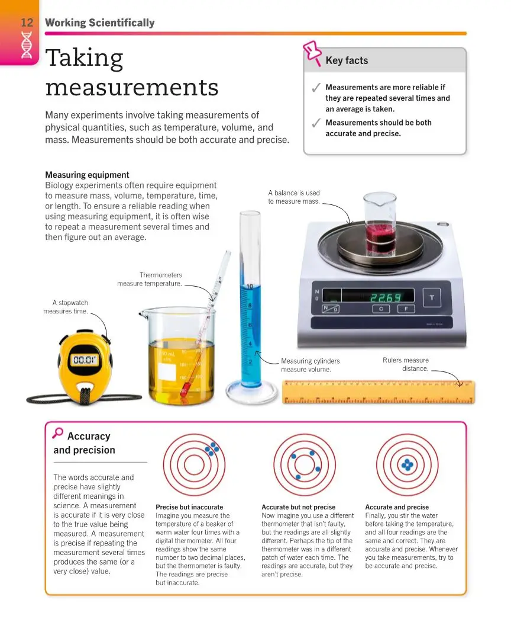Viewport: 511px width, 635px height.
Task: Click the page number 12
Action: [x=27, y=23]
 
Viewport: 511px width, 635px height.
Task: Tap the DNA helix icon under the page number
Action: [x=27, y=45]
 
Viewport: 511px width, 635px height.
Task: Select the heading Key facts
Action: [x=347, y=60]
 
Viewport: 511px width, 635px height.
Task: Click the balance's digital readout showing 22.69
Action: [x=385, y=297]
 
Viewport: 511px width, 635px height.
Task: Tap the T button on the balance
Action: [x=432, y=297]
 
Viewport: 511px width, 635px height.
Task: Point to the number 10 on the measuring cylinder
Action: [x=250, y=287]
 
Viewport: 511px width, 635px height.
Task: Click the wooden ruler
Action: [x=379, y=392]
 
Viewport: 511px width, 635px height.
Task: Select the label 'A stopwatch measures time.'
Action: [x=66, y=307]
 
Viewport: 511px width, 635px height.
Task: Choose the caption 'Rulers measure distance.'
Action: [x=407, y=364]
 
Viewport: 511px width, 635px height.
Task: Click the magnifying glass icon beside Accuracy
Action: [x=57, y=433]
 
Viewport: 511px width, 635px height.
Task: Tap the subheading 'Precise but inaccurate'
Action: [x=189, y=507]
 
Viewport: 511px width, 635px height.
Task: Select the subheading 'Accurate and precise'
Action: [x=397, y=507]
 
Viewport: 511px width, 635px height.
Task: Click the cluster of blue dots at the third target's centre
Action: [x=407, y=465]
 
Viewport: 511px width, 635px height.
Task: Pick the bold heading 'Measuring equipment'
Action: [x=87, y=175]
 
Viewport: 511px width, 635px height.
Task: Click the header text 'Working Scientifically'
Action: [x=99, y=23]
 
